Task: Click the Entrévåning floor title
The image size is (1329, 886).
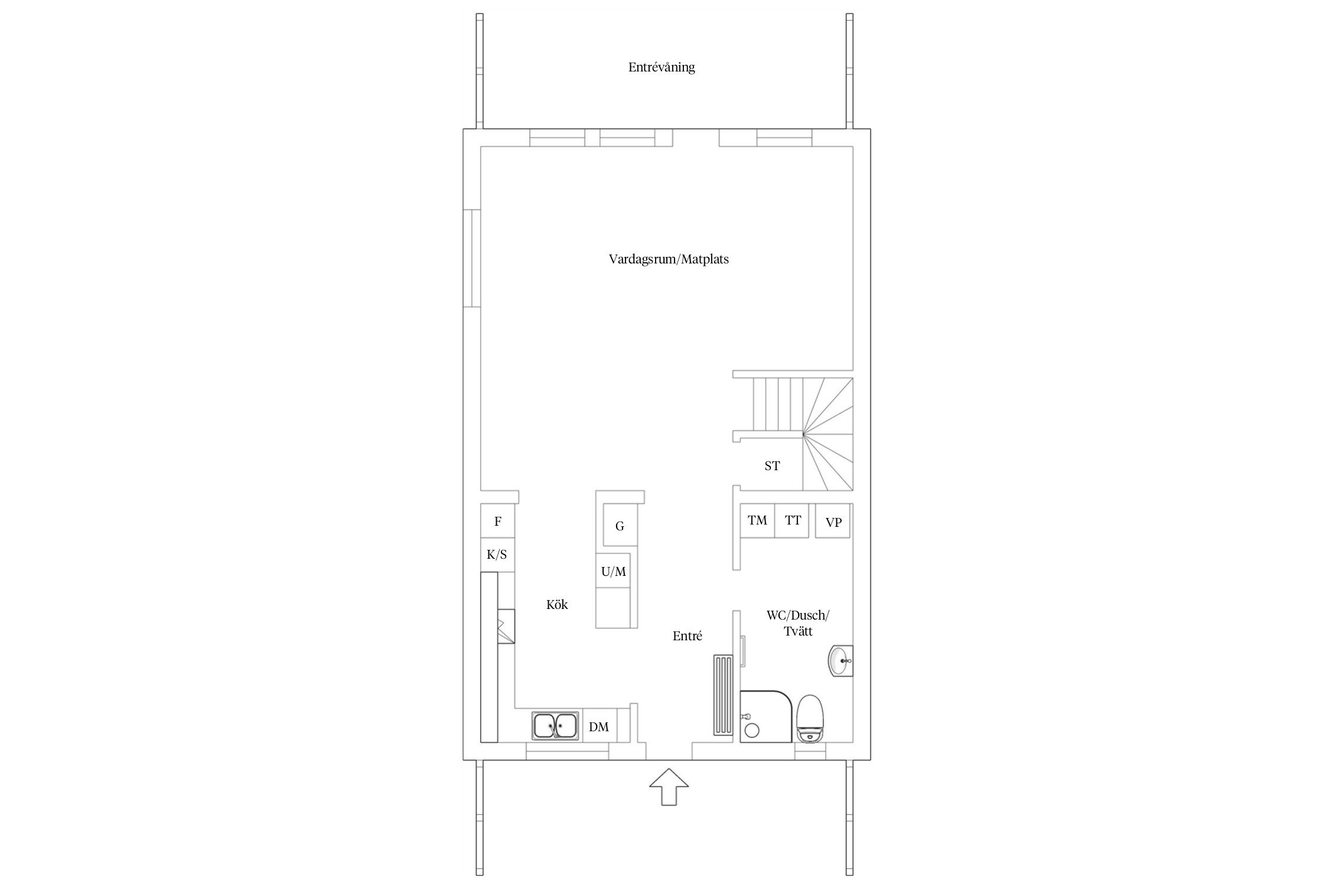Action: (x=662, y=67)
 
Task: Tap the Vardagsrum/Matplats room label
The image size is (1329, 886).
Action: (x=669, y=259)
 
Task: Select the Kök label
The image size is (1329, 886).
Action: (x=557, y=604)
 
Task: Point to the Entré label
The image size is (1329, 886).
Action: (x=688, y=636)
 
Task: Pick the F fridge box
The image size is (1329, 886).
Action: (x=498, y=521)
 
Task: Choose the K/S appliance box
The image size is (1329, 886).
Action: (x=497, y=555)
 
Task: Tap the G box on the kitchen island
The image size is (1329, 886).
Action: (x=620, y=525)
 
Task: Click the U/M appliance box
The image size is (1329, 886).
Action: (x=613, y=571)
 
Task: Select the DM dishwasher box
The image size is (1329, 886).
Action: (x=600, y=727)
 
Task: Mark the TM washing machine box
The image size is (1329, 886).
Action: (x=757, y=520)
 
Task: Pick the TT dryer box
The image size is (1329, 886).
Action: (x=792, y=520)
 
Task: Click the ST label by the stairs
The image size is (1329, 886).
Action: (x=772, y=466)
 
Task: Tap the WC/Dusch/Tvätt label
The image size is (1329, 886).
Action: (x=798, y=623)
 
